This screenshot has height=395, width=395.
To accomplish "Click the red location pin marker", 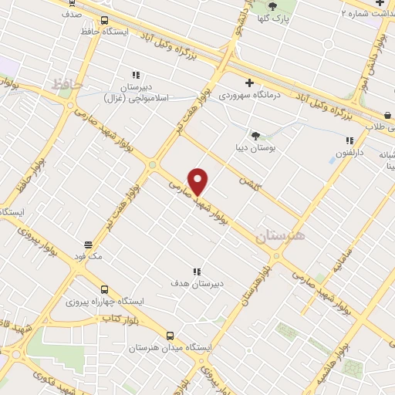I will pos(198,181).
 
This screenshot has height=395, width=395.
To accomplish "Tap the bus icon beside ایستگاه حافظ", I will pos(105,21).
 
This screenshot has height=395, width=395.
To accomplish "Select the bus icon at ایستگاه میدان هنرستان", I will pos(170,336).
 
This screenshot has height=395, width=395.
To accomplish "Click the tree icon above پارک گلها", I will pos(272,6).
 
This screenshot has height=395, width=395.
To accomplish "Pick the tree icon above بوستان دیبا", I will pos(255,135).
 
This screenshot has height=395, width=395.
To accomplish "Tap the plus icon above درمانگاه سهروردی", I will pos(248,83).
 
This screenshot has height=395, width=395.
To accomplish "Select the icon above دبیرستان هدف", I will pos(197,271).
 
